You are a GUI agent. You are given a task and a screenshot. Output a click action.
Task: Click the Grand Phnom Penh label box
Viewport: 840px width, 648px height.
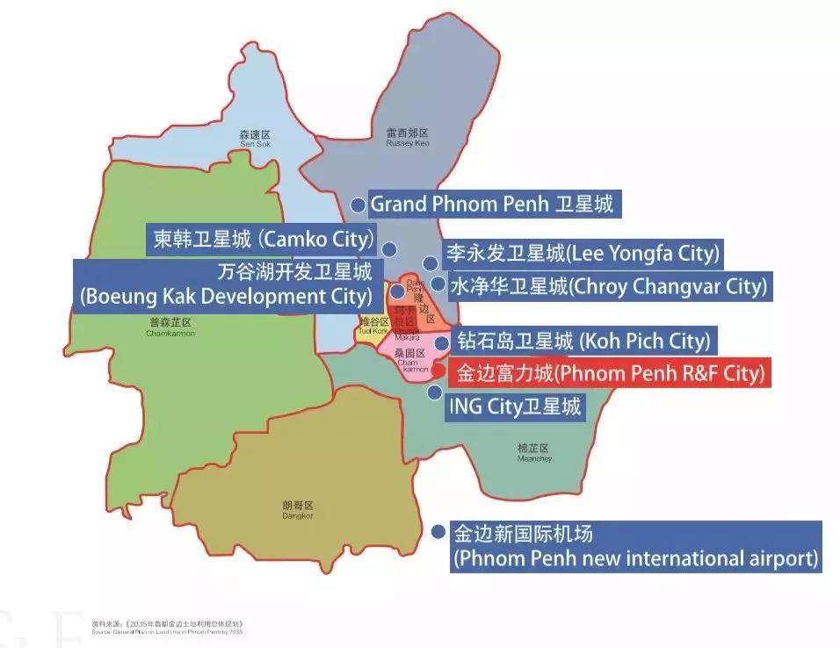pos(491,205)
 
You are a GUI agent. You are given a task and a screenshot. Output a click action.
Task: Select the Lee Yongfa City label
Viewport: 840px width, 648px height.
pos(581,255)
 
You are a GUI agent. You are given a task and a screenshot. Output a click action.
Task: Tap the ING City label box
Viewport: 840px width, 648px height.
pos(515,407)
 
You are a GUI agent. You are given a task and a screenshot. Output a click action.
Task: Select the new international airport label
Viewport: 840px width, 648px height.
pos(635,546)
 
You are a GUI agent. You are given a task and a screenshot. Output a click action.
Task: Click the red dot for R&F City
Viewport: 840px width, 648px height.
pos(438,371)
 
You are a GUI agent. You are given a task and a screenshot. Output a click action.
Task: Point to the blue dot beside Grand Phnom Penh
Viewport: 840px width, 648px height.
pos(358,205)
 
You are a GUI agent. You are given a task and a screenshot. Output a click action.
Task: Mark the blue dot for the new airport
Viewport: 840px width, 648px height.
pos(438,532)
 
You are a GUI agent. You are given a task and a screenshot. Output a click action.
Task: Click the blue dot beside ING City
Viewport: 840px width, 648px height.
pos(434,392)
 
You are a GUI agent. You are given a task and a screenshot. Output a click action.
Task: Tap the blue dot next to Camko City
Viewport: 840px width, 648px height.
pos(388,248)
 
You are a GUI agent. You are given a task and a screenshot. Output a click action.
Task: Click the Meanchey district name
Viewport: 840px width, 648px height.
pos(534,453)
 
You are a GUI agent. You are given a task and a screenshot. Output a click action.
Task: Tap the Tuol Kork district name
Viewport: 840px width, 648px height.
pos(373,326)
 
